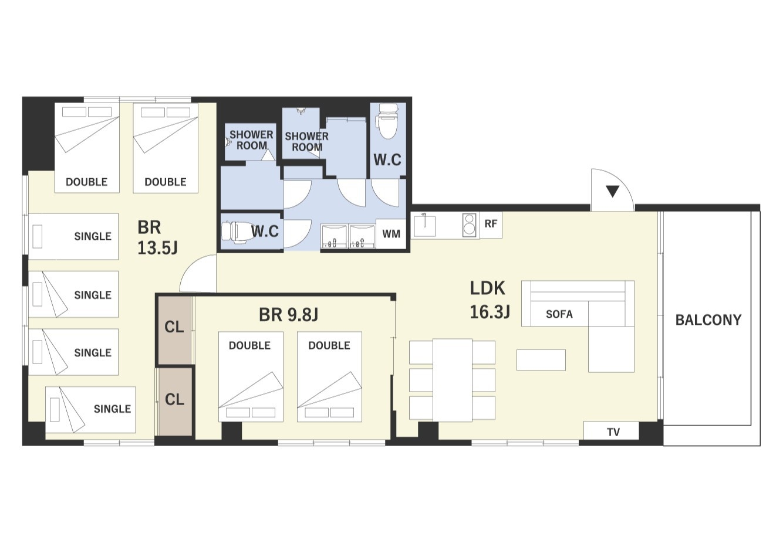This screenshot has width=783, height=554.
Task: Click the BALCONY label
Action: click(x=708, y=320)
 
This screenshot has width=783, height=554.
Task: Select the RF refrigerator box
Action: click(x=491, y=225)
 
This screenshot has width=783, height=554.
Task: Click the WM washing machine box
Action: click(x=391, y=233)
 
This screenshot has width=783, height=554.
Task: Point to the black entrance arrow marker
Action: click(x=612, y=191)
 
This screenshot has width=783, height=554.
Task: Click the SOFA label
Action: click(x=559, y=314)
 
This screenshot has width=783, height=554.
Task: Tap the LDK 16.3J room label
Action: click(x=490, y=300)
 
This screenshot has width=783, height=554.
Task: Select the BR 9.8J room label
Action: click(x=288, y=315)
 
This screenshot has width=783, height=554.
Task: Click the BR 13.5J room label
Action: click(x=157, y=238)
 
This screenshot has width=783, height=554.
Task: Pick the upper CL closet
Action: click(x=174, y=330)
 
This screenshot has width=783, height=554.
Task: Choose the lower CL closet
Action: click(x=174, y=402)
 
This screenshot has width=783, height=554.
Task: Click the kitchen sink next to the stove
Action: click(x=424, y=225)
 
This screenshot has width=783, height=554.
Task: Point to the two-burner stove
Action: click(x=469, y=225)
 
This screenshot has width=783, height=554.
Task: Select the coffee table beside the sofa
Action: click(x=541, y=359)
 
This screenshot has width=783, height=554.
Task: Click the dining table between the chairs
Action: click(x=453, y=380)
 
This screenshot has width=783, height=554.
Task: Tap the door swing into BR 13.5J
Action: click(x=198, y=273)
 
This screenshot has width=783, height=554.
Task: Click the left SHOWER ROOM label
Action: click(x=251, y=140)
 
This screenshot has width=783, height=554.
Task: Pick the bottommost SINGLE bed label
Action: click(x=112, y=409)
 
